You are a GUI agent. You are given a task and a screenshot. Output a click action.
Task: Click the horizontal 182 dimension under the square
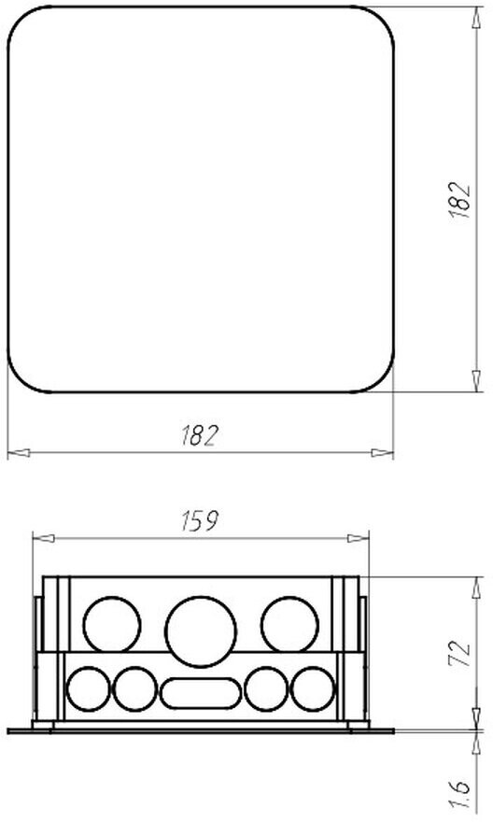pos(199,435)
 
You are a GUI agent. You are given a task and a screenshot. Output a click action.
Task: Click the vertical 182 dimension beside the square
pos(459,200)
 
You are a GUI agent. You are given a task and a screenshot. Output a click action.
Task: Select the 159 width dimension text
pos(199,520)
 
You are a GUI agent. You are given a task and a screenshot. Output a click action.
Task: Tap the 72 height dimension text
pos(459,653)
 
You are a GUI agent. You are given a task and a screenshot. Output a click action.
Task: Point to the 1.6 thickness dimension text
pos(459,795)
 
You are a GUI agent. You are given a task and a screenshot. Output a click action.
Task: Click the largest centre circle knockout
pos(201,631)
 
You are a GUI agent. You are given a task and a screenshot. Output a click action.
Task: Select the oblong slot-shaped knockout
pos(201,693)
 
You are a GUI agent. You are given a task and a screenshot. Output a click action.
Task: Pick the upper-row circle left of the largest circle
pos(112,625)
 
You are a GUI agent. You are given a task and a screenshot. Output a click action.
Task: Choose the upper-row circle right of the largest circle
pos(289,625)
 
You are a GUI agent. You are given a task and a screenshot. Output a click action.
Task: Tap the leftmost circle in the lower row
pos(89,688)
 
